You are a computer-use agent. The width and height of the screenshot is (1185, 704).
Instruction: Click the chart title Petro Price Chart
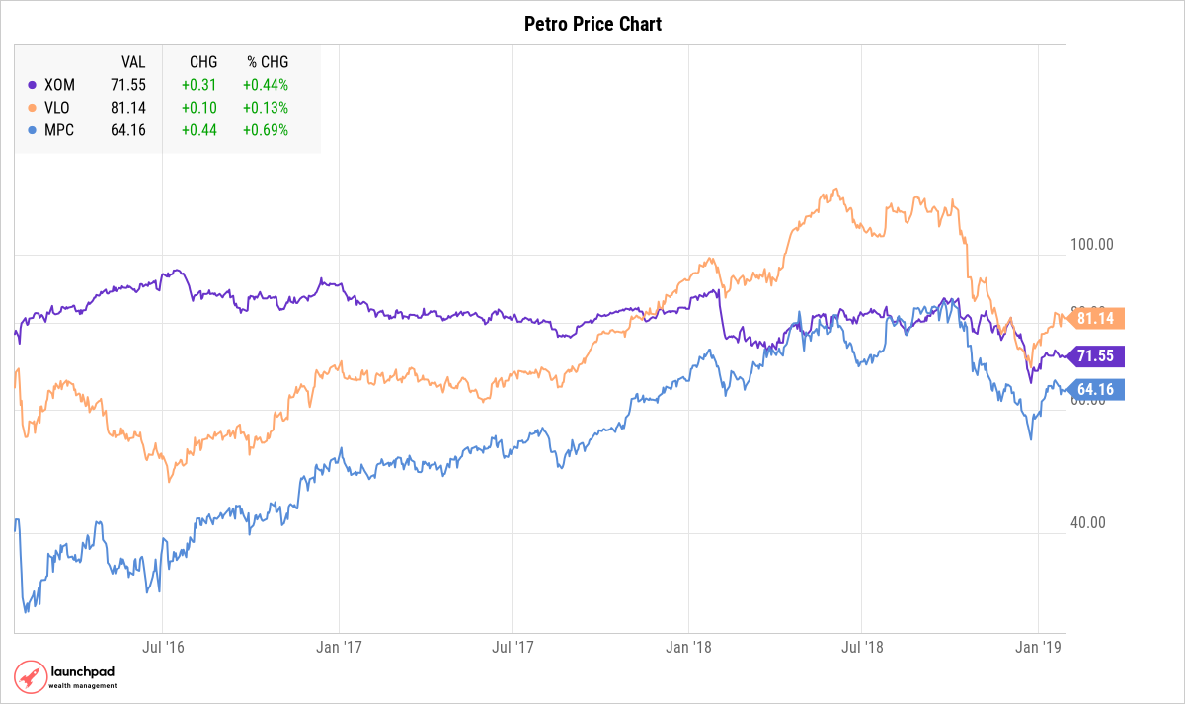pos(592,24)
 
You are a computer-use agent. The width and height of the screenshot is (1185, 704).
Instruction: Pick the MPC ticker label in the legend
pos(59,130)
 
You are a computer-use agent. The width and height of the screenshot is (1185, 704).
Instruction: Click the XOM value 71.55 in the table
pos(128,85)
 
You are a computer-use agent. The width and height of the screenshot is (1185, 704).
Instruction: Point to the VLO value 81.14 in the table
pos(128,108)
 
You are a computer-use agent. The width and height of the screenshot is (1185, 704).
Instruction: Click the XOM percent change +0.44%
pos(266,85)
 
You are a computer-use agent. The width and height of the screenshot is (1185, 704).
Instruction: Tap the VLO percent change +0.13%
pos(266,108)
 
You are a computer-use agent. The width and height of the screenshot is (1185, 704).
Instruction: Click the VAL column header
pos(133,61)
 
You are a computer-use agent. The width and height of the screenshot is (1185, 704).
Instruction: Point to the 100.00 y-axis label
pos(1092,244)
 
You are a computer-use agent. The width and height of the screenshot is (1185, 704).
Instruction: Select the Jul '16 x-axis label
pos(163,648)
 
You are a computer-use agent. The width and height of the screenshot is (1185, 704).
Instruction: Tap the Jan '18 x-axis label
pos(688,648)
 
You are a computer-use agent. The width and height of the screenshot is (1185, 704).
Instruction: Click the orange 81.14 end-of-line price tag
pos(1096,318)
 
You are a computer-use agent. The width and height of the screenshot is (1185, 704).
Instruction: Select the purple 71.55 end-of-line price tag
pos(1096,356)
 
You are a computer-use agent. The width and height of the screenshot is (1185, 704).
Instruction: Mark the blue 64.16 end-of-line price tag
pos(1096,389)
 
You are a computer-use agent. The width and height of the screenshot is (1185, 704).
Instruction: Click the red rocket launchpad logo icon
pos(30,677)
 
